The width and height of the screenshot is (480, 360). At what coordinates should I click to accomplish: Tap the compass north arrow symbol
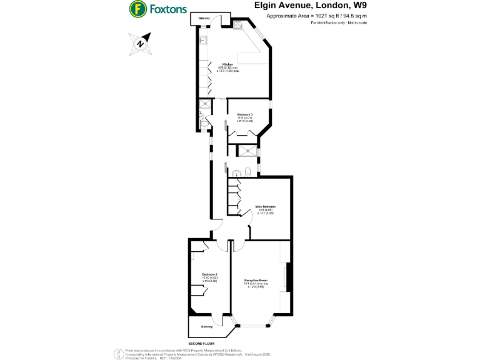142,43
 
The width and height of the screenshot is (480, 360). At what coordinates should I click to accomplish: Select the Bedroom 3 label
245,114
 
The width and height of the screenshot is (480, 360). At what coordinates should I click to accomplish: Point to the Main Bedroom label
265,206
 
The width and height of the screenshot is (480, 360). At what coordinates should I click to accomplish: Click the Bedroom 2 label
209,274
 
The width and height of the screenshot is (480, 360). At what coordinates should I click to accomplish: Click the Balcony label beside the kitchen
204,18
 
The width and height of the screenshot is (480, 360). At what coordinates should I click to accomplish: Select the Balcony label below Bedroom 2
207,327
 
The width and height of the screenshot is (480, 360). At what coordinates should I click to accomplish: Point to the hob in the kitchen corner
239,25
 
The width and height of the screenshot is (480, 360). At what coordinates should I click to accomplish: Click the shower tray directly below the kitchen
204,105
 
